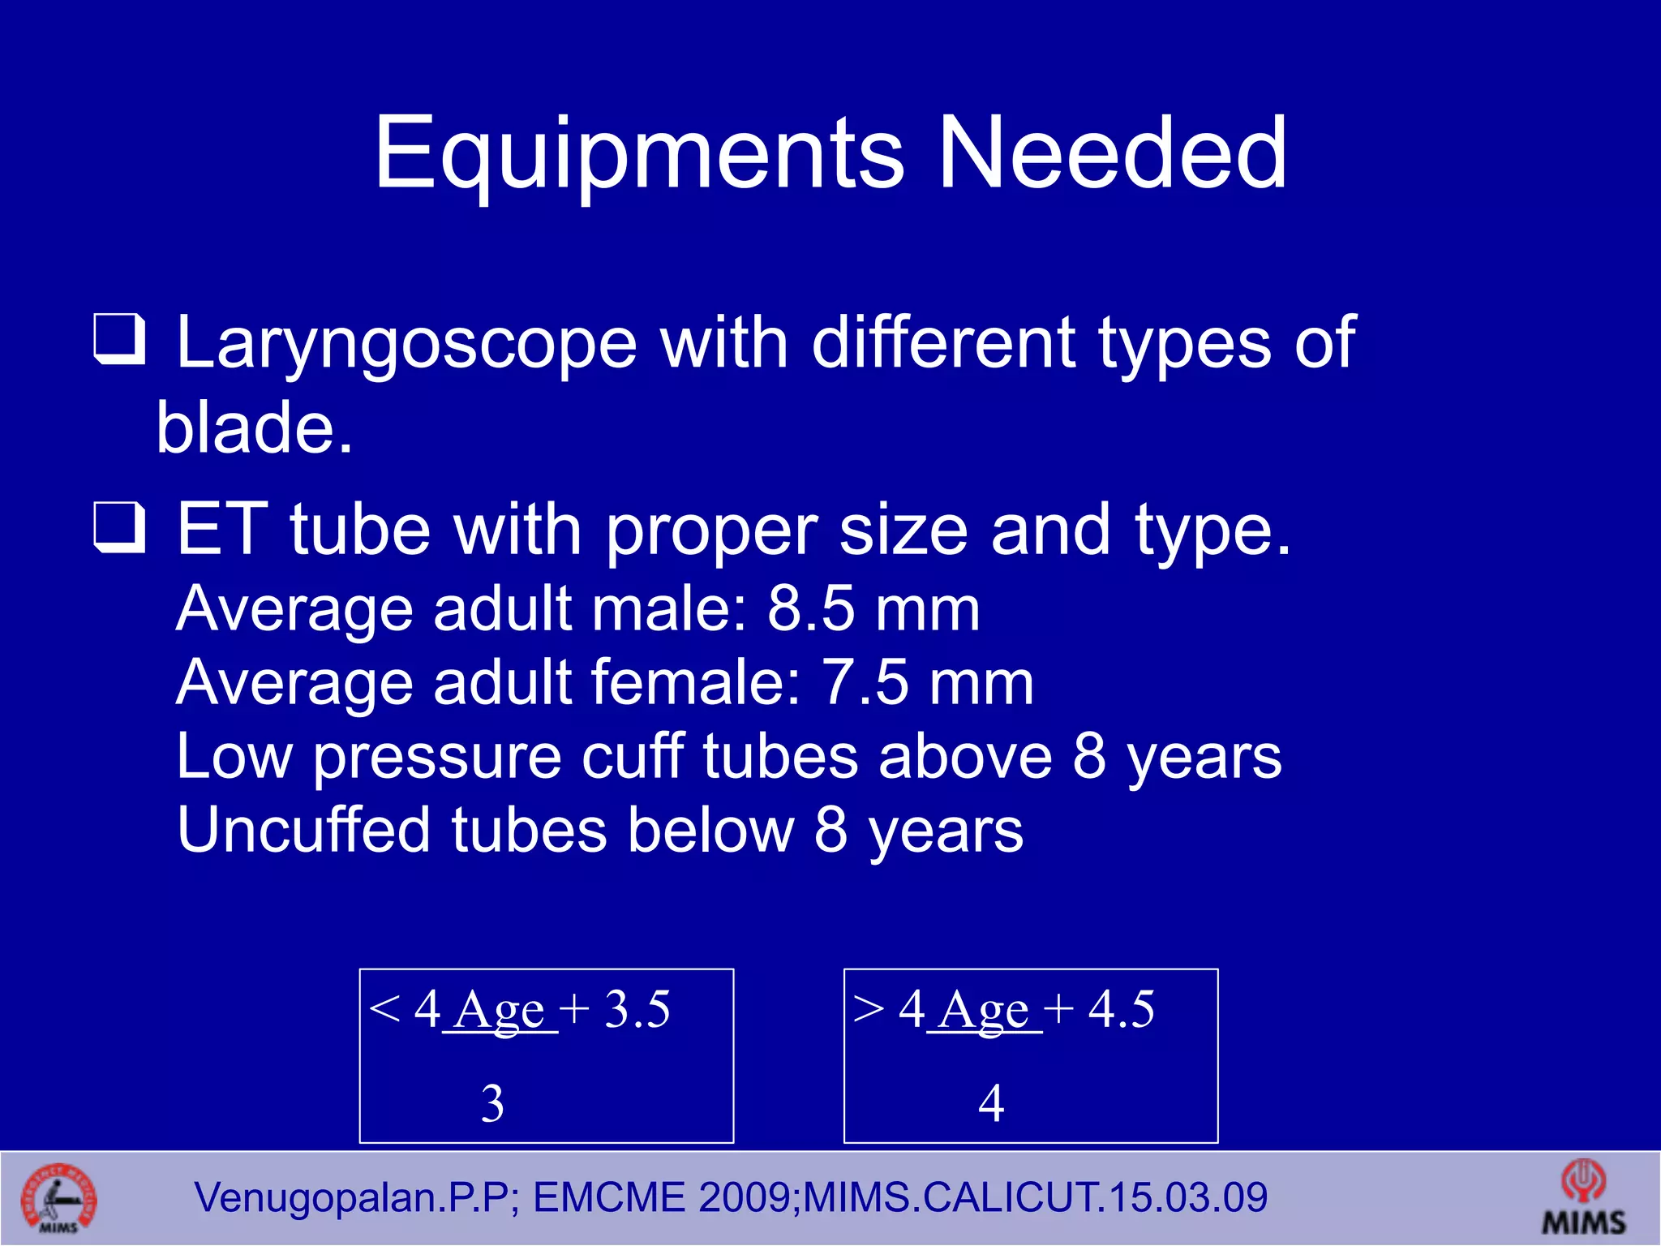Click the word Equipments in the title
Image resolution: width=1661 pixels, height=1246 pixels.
638,154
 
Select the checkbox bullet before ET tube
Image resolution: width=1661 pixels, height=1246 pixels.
119,527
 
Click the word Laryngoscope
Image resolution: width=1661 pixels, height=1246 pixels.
406,345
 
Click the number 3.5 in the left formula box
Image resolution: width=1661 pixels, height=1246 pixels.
637,1010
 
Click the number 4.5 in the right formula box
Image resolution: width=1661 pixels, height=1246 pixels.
1121,1010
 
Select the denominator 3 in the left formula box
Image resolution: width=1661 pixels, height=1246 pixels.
492,1103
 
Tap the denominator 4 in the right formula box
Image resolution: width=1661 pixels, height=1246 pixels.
991,1103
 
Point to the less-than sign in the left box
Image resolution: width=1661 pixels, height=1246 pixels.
384,1008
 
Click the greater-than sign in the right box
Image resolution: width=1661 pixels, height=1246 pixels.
869,1008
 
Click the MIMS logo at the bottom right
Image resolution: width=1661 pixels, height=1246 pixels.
1583,1197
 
